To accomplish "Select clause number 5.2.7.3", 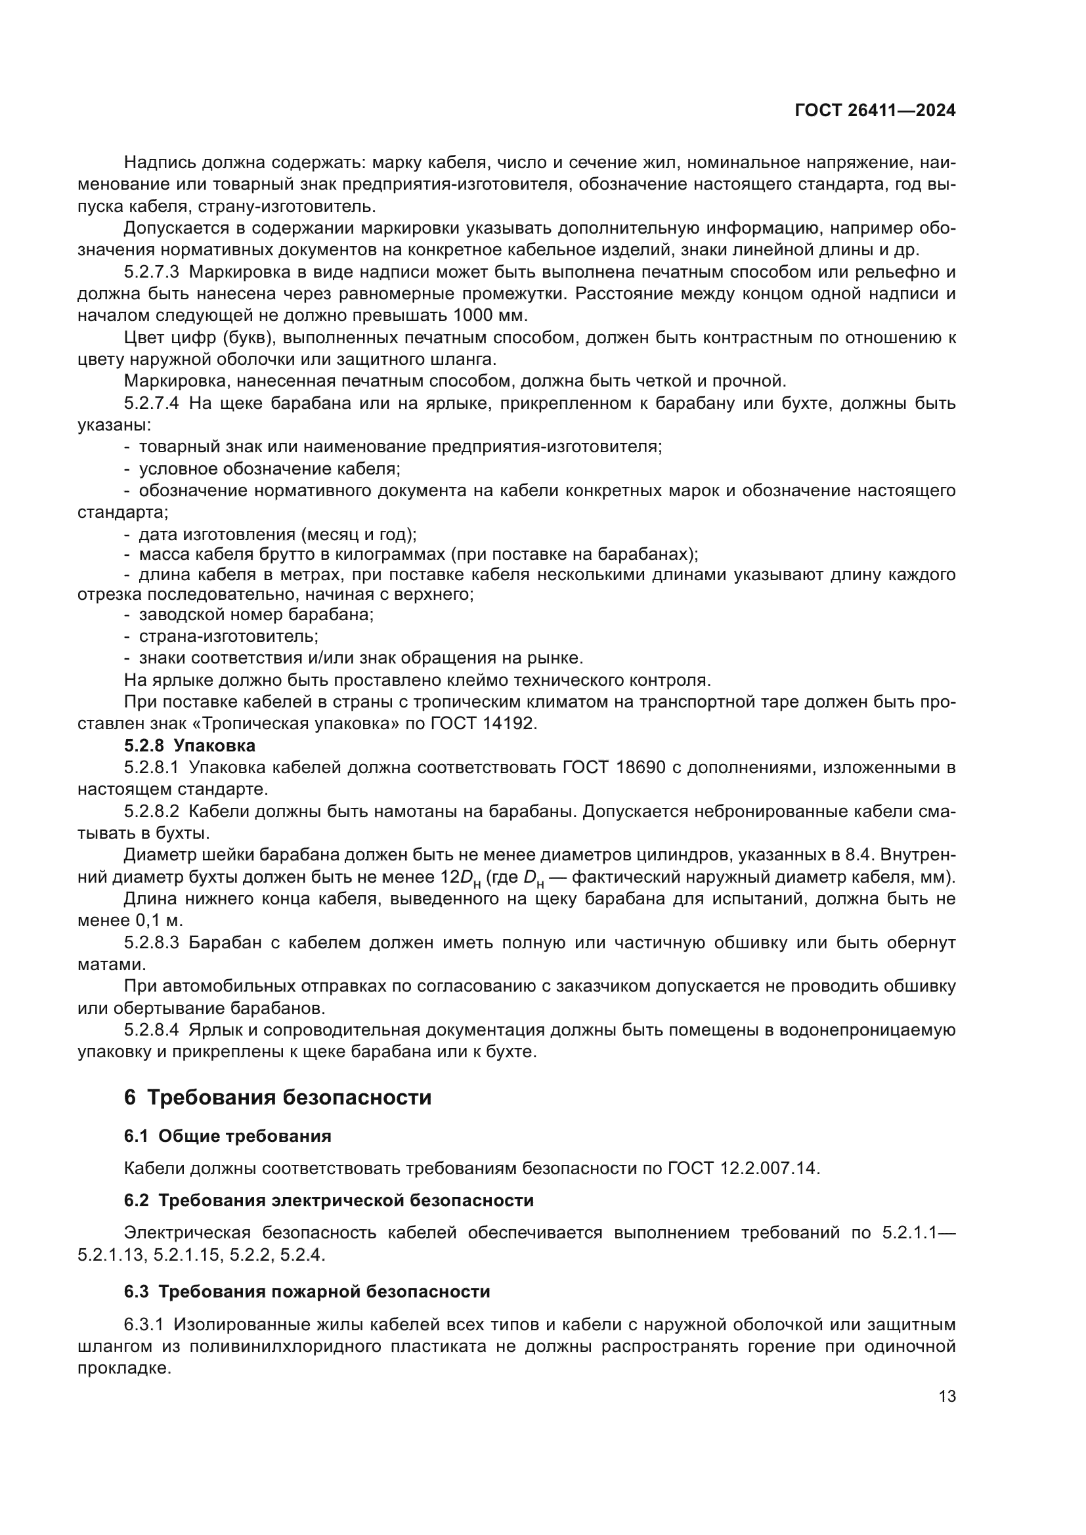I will [151, 272].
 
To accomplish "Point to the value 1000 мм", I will [490, 315].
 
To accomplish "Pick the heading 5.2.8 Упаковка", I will [190, 745].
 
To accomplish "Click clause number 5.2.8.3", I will [151, 942].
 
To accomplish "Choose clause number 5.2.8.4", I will [151, 1030].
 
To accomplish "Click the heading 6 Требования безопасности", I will [278, 1098].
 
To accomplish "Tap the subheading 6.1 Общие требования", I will [227, 1136].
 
